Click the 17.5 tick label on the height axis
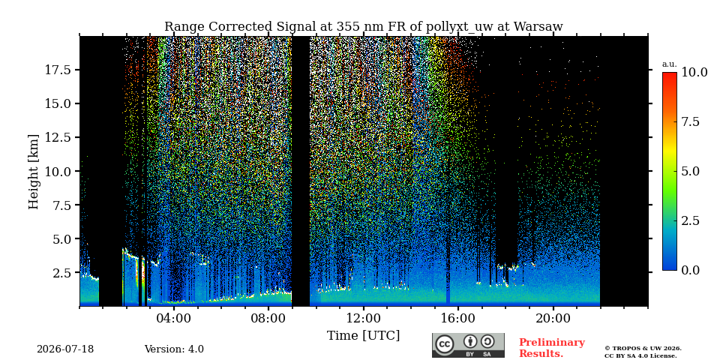(x=58, y=70)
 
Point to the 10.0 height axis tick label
(x=58, y=171)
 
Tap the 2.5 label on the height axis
(x=61, y=273)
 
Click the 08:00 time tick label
(x=269, y=319)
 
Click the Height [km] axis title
(x=34, y=172)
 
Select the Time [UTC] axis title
(x=364, y=336)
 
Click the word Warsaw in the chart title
(x=538, y=27)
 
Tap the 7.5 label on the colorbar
(x=690, y=121)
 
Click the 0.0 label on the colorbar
(x=690, y=271)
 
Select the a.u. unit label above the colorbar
(x=670, y=64)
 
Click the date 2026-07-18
(x=65, y=349)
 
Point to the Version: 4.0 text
(x=174, y=349)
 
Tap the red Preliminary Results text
(x=552, y=348)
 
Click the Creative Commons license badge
(x=468, y=345)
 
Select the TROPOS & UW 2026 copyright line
(x=643, y=349)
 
